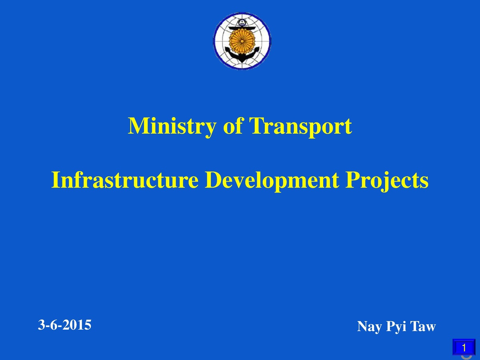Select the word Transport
[300, 126]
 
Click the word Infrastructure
[125, 181]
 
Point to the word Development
[272, 181]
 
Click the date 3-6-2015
[64, 325]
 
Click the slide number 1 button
[464, 346]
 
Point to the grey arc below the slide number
[465, 357]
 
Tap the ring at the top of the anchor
[242, 22]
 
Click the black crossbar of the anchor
[242, 27]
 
